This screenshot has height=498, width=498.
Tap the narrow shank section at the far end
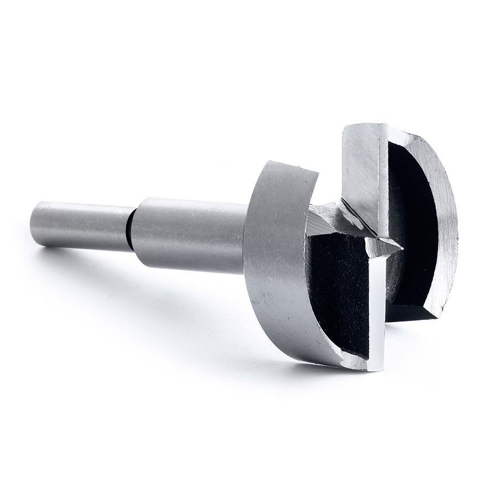pos(83,226)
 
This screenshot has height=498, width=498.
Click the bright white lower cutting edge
pos(376,310)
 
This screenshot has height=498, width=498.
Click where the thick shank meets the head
pos(247,238)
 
